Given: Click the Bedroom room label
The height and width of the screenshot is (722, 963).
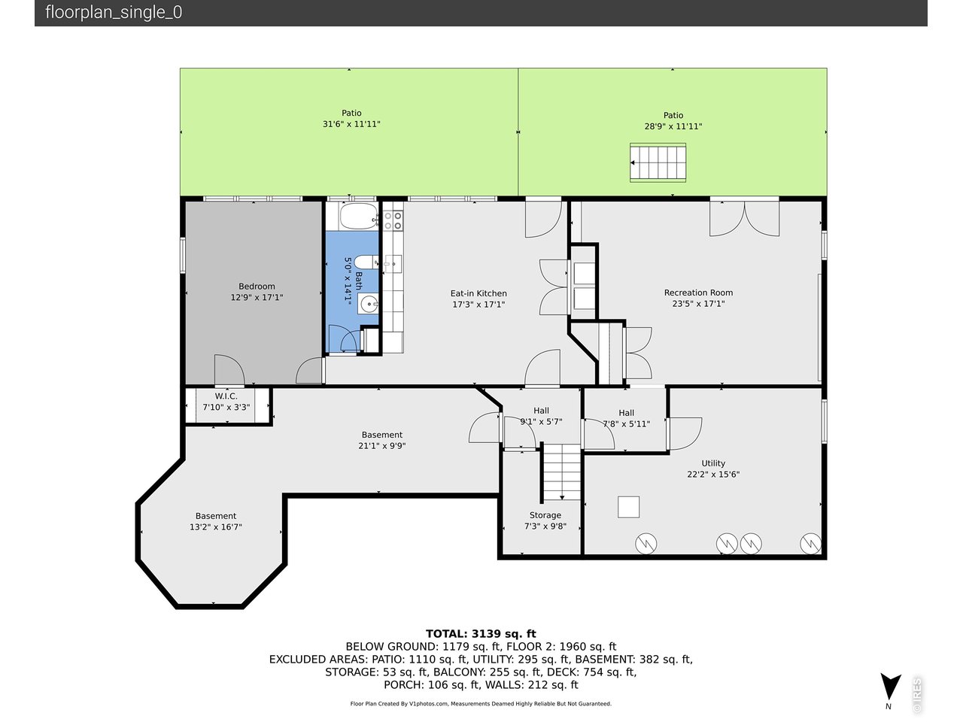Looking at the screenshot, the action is click(257, 287).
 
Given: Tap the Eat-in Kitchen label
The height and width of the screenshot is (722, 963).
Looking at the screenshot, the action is click(478, 293).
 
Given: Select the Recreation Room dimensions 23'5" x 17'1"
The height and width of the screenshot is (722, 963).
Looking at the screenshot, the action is click(698, 303).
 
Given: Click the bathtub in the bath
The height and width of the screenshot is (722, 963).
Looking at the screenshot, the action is click(359, 216).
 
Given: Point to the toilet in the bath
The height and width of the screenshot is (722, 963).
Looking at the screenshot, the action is click(366, 262).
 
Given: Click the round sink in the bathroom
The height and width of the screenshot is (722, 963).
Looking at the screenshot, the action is click(369, 303).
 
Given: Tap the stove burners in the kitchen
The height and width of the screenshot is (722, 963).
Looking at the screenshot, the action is click(393, 220).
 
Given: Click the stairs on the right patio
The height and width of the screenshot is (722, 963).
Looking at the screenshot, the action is click(658, 162).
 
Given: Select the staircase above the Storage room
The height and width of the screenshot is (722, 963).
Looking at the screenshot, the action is click(562, 472).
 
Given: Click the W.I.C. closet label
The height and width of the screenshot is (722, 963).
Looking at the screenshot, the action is click(226, 396).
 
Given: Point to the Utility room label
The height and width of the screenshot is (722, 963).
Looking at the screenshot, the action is click(713, 463).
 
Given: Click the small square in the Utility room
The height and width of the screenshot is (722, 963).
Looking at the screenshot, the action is click(628, 507).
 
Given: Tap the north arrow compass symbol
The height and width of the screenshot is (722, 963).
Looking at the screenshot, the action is click(891, 687).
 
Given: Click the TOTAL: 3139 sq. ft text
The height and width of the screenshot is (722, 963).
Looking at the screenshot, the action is click(481, 634).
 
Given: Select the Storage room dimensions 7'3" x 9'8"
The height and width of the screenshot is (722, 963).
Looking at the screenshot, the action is click(545, 526).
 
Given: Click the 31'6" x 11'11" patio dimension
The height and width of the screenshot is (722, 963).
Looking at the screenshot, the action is click(351, 124).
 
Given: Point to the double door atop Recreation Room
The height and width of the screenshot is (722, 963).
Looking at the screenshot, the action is click(745, 218).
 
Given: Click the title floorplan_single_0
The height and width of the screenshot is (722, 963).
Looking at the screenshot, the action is click(114, 12).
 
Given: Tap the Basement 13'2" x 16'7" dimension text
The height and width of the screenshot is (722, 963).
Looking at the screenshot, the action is click(216, 527).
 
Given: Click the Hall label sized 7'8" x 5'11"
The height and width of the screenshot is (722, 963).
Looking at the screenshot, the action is click(626, 413).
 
